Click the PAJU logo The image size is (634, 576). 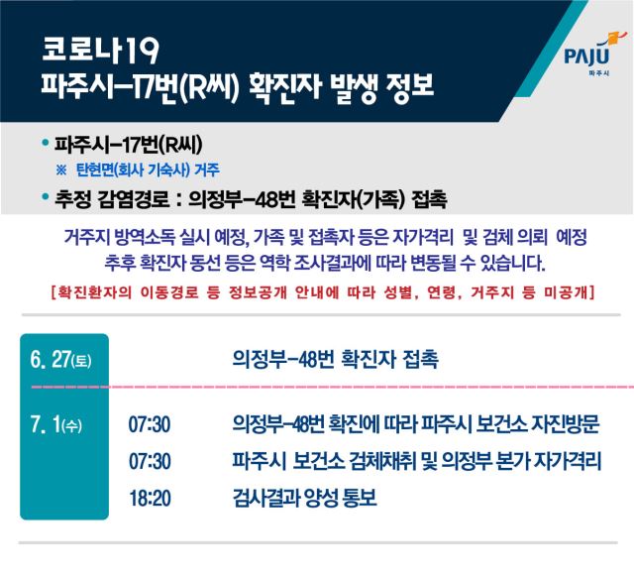[590, 54]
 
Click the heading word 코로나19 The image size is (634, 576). [100, 50]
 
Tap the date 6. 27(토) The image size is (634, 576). [60, 360]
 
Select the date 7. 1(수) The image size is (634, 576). [56, 424]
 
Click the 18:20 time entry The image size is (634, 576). [150, 499]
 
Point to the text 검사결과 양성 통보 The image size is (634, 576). [305, 499]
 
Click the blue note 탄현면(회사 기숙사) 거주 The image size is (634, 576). [148, 170]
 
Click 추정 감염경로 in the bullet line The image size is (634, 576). [112, 199]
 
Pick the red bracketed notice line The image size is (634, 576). [322, 292]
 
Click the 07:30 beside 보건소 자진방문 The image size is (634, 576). [150, 425]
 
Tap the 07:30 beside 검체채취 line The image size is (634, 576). [150, 461]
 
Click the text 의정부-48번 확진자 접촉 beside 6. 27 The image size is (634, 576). [335, 359]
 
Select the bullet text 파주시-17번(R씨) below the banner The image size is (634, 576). [128, 146]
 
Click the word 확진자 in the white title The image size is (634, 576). [284, 87]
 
